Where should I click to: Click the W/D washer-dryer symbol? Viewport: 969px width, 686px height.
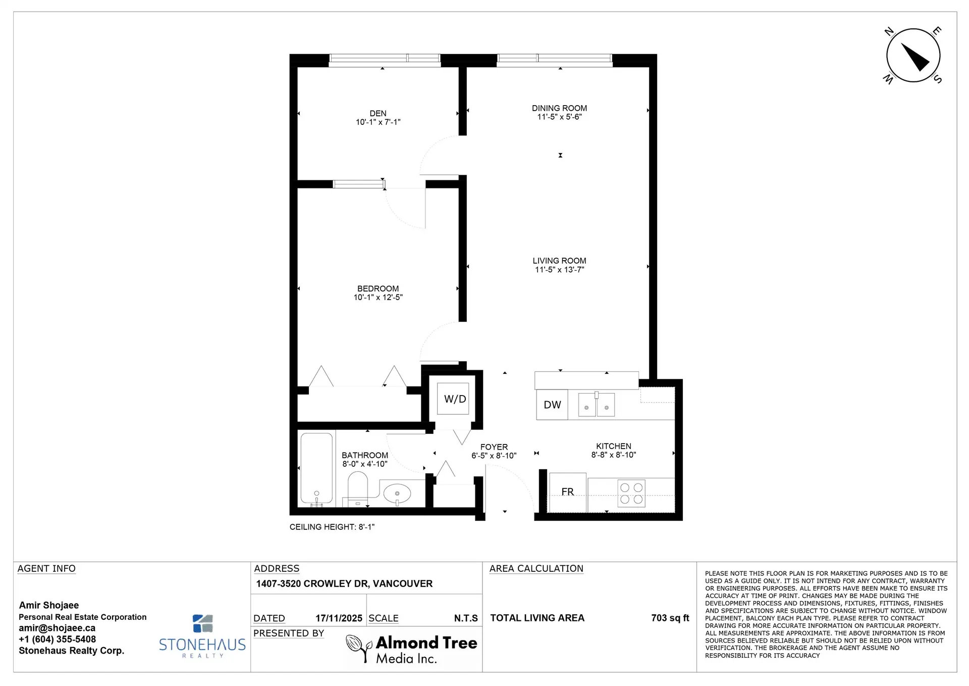tap(454, 399)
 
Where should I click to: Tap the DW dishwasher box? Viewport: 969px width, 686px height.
tap(552, 405)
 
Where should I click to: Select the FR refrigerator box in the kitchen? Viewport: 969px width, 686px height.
tap(567, 492)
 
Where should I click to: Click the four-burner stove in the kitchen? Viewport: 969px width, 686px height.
tap(631, 494)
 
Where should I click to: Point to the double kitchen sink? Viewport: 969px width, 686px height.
tap(596, 405)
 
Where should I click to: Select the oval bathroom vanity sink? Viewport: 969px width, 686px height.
tap(397, 494)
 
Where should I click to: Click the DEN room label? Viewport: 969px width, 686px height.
tap(378, 113)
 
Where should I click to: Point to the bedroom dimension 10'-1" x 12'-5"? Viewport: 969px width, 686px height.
tap(378, 298)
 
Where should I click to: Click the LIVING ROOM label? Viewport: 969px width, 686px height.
tap(559, 261)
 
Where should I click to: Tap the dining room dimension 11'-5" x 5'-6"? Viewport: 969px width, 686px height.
tap(559, 117)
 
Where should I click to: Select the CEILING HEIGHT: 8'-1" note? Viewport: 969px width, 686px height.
tap(332, 527)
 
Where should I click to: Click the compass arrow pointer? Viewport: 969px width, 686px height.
tap(916, 57)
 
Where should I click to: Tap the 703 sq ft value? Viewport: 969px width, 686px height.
tap(670, 618)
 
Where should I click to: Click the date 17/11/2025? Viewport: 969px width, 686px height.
tap(339, 618)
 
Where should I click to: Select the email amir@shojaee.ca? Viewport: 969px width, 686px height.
tap(57, 628)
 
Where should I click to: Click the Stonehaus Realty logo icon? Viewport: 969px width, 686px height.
tap(203, 623)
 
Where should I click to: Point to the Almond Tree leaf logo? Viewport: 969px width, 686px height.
tap(358, 648)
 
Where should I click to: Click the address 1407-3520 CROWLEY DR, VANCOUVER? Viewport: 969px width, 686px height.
tap(344, 583)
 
